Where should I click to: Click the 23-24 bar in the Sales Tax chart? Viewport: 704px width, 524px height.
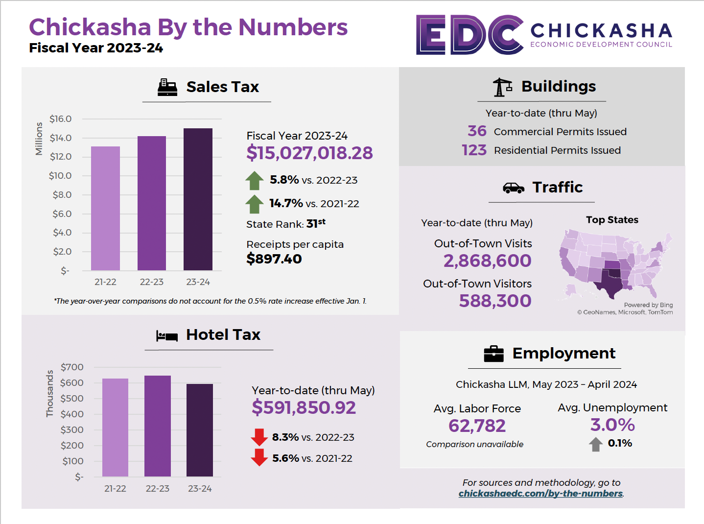point(198,199)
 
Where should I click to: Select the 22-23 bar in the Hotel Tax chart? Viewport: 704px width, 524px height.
point(158,426)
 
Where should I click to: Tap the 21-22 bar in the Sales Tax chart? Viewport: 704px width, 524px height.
point(105,208)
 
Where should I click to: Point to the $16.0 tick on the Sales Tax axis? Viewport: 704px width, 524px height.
point(60,119)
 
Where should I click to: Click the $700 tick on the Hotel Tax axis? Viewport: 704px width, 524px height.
point(72,367)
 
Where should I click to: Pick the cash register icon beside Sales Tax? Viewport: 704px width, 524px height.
point(167,87)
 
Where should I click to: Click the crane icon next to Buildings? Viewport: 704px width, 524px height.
point(502,87)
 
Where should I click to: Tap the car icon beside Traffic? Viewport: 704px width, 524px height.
point(513,188)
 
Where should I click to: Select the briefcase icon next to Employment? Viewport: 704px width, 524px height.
point(493,354)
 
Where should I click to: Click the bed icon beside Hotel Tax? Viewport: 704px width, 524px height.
point(166,335)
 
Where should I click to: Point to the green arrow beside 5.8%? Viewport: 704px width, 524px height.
point(255,181)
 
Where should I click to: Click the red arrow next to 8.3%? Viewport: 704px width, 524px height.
point(259,437)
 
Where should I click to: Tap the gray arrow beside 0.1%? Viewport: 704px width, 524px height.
point(596,444)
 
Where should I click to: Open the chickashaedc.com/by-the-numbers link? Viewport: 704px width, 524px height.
point(540,494)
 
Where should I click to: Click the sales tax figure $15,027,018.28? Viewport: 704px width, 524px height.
point(309,153)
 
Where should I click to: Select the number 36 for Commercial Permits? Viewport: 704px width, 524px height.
point(477,131)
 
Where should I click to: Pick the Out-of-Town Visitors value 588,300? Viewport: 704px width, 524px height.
point(495,301)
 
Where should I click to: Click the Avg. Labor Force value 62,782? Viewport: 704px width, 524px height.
point(477,426)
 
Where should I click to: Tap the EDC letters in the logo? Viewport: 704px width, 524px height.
point(469,35)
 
